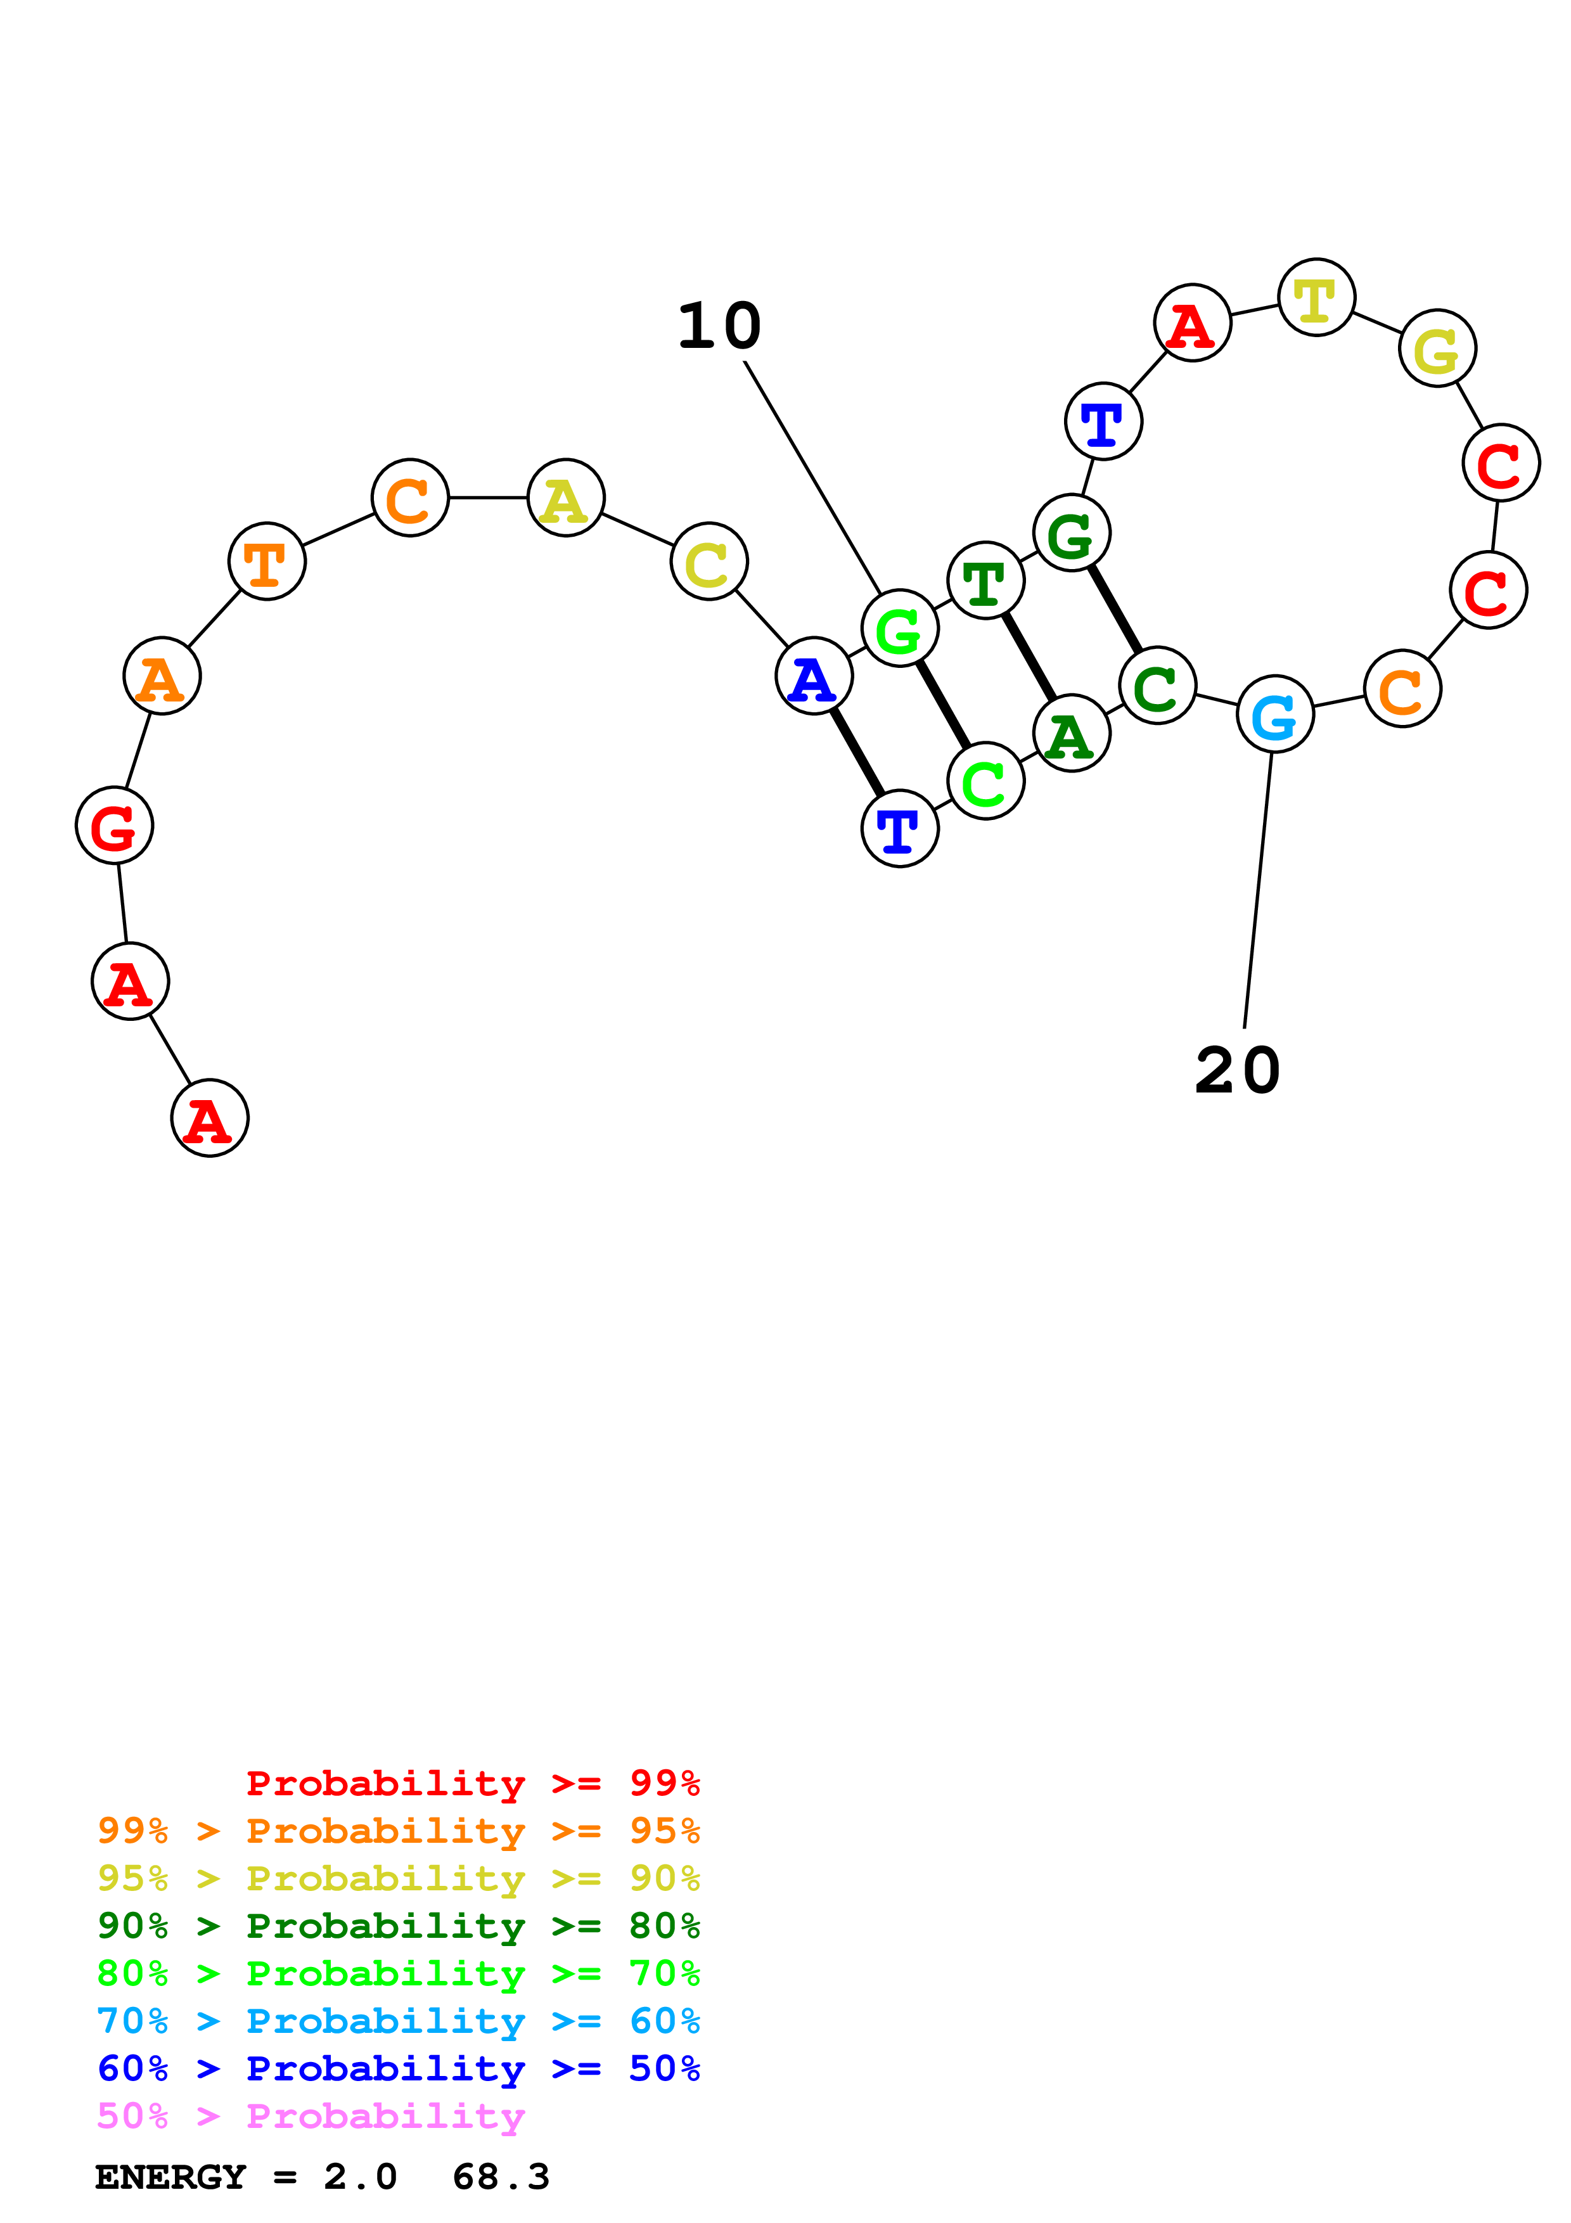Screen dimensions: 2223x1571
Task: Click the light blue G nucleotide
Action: [x=1275, y=715]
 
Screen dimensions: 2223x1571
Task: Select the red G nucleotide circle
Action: [x=114, y=826]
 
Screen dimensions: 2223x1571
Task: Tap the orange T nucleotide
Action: [x=266, y=561]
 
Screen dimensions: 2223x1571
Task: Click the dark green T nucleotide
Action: [x=985, y=581]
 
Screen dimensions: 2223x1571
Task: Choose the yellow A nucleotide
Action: [x=565, y=499]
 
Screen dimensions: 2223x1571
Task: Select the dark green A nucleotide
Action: [x=1070, y=734]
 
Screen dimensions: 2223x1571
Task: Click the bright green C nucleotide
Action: [x=985, y=781]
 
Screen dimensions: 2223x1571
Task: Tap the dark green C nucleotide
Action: [x=1157, y=686]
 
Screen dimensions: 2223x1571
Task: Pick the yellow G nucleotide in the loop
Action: [x=1437, y=349]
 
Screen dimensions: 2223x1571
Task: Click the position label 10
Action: [x=719, y=326]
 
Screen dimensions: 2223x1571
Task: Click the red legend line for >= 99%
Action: [x=472, y=1783]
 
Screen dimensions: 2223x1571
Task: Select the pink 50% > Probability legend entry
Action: [x=310, y=2117]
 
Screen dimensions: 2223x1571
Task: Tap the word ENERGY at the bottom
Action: [x=170, y=2177]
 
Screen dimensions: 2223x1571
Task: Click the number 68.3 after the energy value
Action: [x=501, y=2177]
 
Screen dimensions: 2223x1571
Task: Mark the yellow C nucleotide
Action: [x=709, y=563]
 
